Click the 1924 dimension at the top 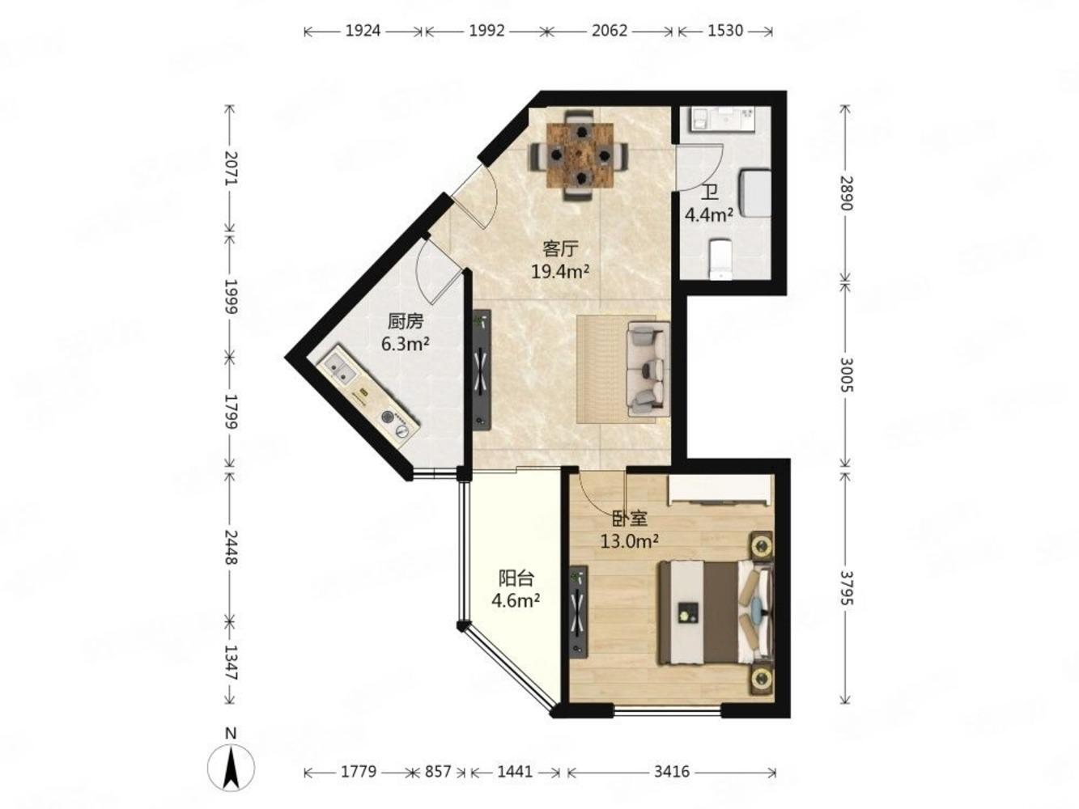pos(363,31)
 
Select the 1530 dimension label pos(725,31)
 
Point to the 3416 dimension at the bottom pos(672,772)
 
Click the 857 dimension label pos(438,772)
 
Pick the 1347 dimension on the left pos(231,662)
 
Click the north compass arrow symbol pos(231,767)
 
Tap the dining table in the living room pos(580,155)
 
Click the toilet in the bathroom pos(720,259)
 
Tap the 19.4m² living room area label pos(560,272)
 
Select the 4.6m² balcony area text pos(516,600)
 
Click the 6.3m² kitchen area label pos(406,344)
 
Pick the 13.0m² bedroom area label pos(629,541)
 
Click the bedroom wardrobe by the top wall pos(719,489)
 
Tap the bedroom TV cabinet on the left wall pos(579,612)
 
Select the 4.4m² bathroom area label pos(709,214)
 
